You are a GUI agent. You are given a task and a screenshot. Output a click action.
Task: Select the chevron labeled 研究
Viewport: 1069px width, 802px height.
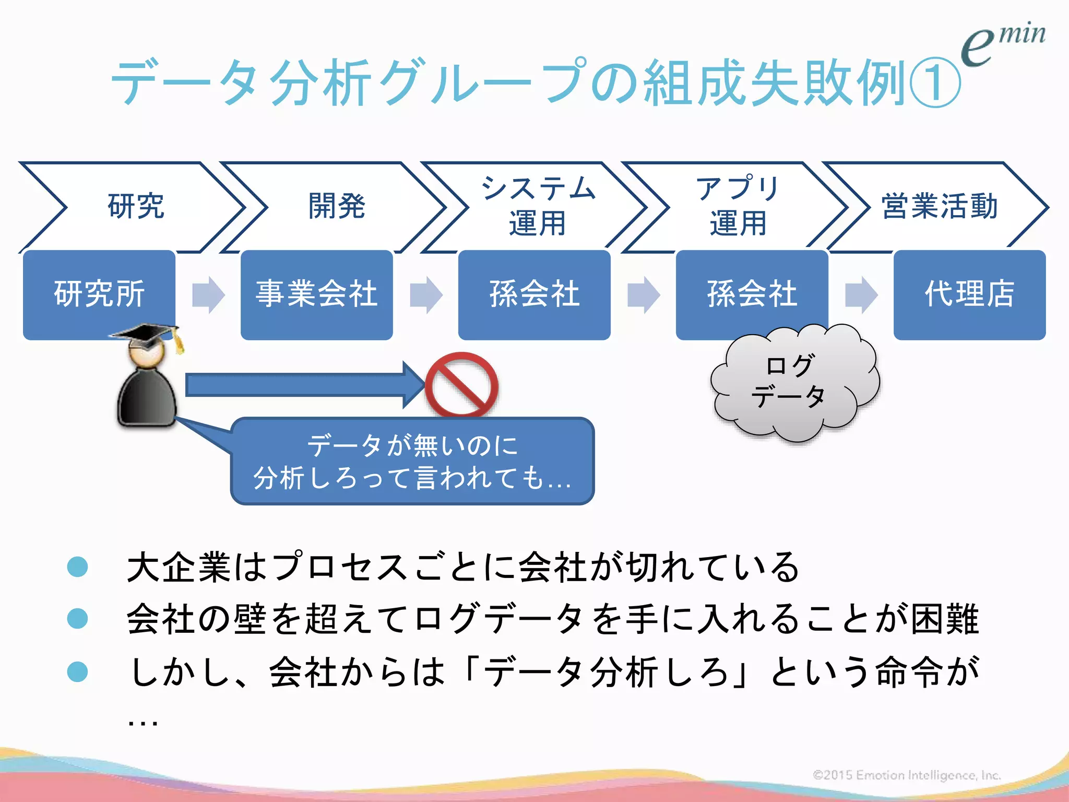click(136, 206)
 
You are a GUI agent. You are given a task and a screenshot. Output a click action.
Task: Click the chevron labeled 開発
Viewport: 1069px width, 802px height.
click(337, 206)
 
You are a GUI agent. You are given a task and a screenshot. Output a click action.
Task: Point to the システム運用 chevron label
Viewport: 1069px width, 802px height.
click(538, 206)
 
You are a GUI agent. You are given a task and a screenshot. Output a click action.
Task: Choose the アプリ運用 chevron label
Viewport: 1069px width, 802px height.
click(738, 206)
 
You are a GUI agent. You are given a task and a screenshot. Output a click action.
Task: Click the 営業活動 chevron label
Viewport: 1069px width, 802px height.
click(940, 206)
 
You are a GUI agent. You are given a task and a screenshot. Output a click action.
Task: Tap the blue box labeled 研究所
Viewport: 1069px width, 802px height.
click(99, 294)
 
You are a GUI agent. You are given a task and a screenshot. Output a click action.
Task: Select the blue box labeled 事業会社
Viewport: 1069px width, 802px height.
click(316, 294)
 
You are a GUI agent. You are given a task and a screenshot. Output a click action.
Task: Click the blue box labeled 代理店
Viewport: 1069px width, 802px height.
click(969, 294)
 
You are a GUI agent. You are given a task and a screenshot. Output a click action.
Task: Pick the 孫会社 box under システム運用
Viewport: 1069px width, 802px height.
click(534, 294)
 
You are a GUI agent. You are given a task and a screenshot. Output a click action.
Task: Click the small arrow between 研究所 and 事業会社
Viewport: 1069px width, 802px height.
click(208, 294)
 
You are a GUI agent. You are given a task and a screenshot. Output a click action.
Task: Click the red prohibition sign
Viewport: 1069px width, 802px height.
click(461, 385)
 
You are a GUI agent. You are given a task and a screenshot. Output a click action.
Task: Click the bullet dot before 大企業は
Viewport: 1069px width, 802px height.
click(78, 567)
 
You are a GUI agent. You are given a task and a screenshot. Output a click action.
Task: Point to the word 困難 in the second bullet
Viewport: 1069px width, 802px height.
click(945, 619)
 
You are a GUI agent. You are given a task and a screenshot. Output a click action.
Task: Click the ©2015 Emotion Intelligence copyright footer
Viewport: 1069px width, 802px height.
click(906, 775)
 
